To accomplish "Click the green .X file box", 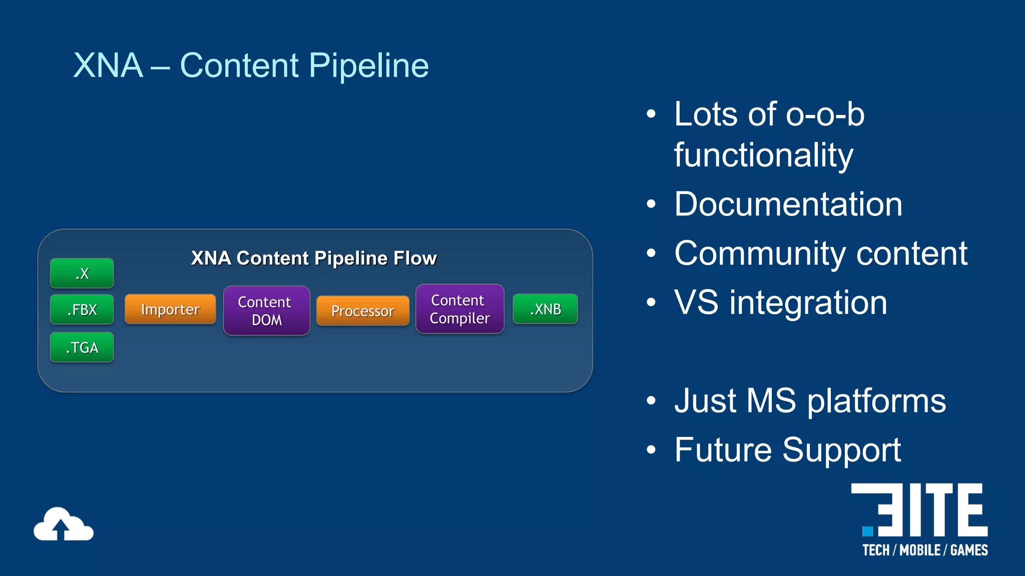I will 82,273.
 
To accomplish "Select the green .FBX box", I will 82,309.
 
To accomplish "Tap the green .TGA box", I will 82,347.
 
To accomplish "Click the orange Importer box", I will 170,309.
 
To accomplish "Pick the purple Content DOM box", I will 266,310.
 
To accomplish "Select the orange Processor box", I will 363,310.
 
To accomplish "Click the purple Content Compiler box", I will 459,309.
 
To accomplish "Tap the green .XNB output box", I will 545,309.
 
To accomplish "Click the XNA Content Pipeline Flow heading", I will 314,258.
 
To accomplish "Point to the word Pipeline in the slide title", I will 368,65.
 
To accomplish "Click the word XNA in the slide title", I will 108,65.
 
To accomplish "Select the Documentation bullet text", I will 788,204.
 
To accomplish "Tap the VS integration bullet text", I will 780,302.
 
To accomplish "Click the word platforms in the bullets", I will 876,401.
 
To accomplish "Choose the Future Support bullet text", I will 787,450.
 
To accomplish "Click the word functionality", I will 763,155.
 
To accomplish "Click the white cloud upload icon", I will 63,524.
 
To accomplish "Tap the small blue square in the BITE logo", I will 868,530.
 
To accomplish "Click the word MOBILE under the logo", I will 920,550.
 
